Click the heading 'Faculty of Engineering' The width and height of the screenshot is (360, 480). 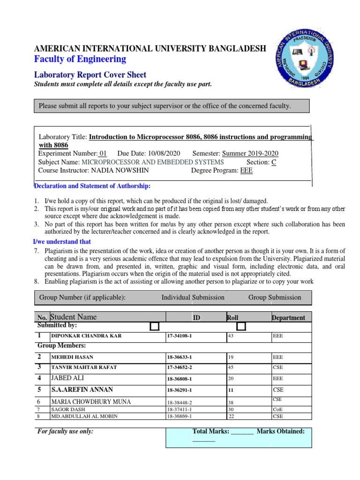[x=80, y=59]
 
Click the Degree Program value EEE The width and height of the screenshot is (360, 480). [x=246, y=171]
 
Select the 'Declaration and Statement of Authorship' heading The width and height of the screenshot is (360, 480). [x=92, y=186]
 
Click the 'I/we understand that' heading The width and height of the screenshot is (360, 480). [x=62, y=242]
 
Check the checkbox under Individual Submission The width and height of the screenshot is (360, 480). [x=154, y=326]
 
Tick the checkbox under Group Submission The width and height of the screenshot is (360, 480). [x=241, y=326]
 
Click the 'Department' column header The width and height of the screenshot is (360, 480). [x=288, y=318]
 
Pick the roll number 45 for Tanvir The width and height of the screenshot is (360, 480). [x=231, y=367]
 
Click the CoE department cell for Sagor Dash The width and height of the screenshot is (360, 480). [x=278, y=410]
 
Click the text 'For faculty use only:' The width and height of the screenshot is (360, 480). [x=65, y=432]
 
